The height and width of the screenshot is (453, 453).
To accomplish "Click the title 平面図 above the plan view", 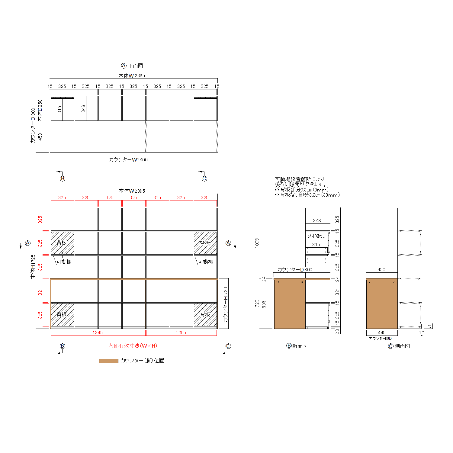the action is coord(135,66).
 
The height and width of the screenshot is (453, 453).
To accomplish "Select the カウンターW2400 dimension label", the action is coord(128,159).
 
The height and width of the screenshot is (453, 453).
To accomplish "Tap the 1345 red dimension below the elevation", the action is coord(98,333).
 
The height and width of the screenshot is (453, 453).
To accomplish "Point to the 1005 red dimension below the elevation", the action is coord(181,333).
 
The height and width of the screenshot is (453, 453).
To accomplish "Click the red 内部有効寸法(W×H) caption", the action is coord(133,346).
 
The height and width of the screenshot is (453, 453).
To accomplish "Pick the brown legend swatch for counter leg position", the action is coord(108,361).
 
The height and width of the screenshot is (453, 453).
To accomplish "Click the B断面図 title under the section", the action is coord(297,346).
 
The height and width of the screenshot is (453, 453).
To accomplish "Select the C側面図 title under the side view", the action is coord(399,346).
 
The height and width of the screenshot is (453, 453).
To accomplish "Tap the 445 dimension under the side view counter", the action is coord(382,333).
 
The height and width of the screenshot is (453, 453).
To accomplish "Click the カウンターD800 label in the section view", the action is coord(295,269).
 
